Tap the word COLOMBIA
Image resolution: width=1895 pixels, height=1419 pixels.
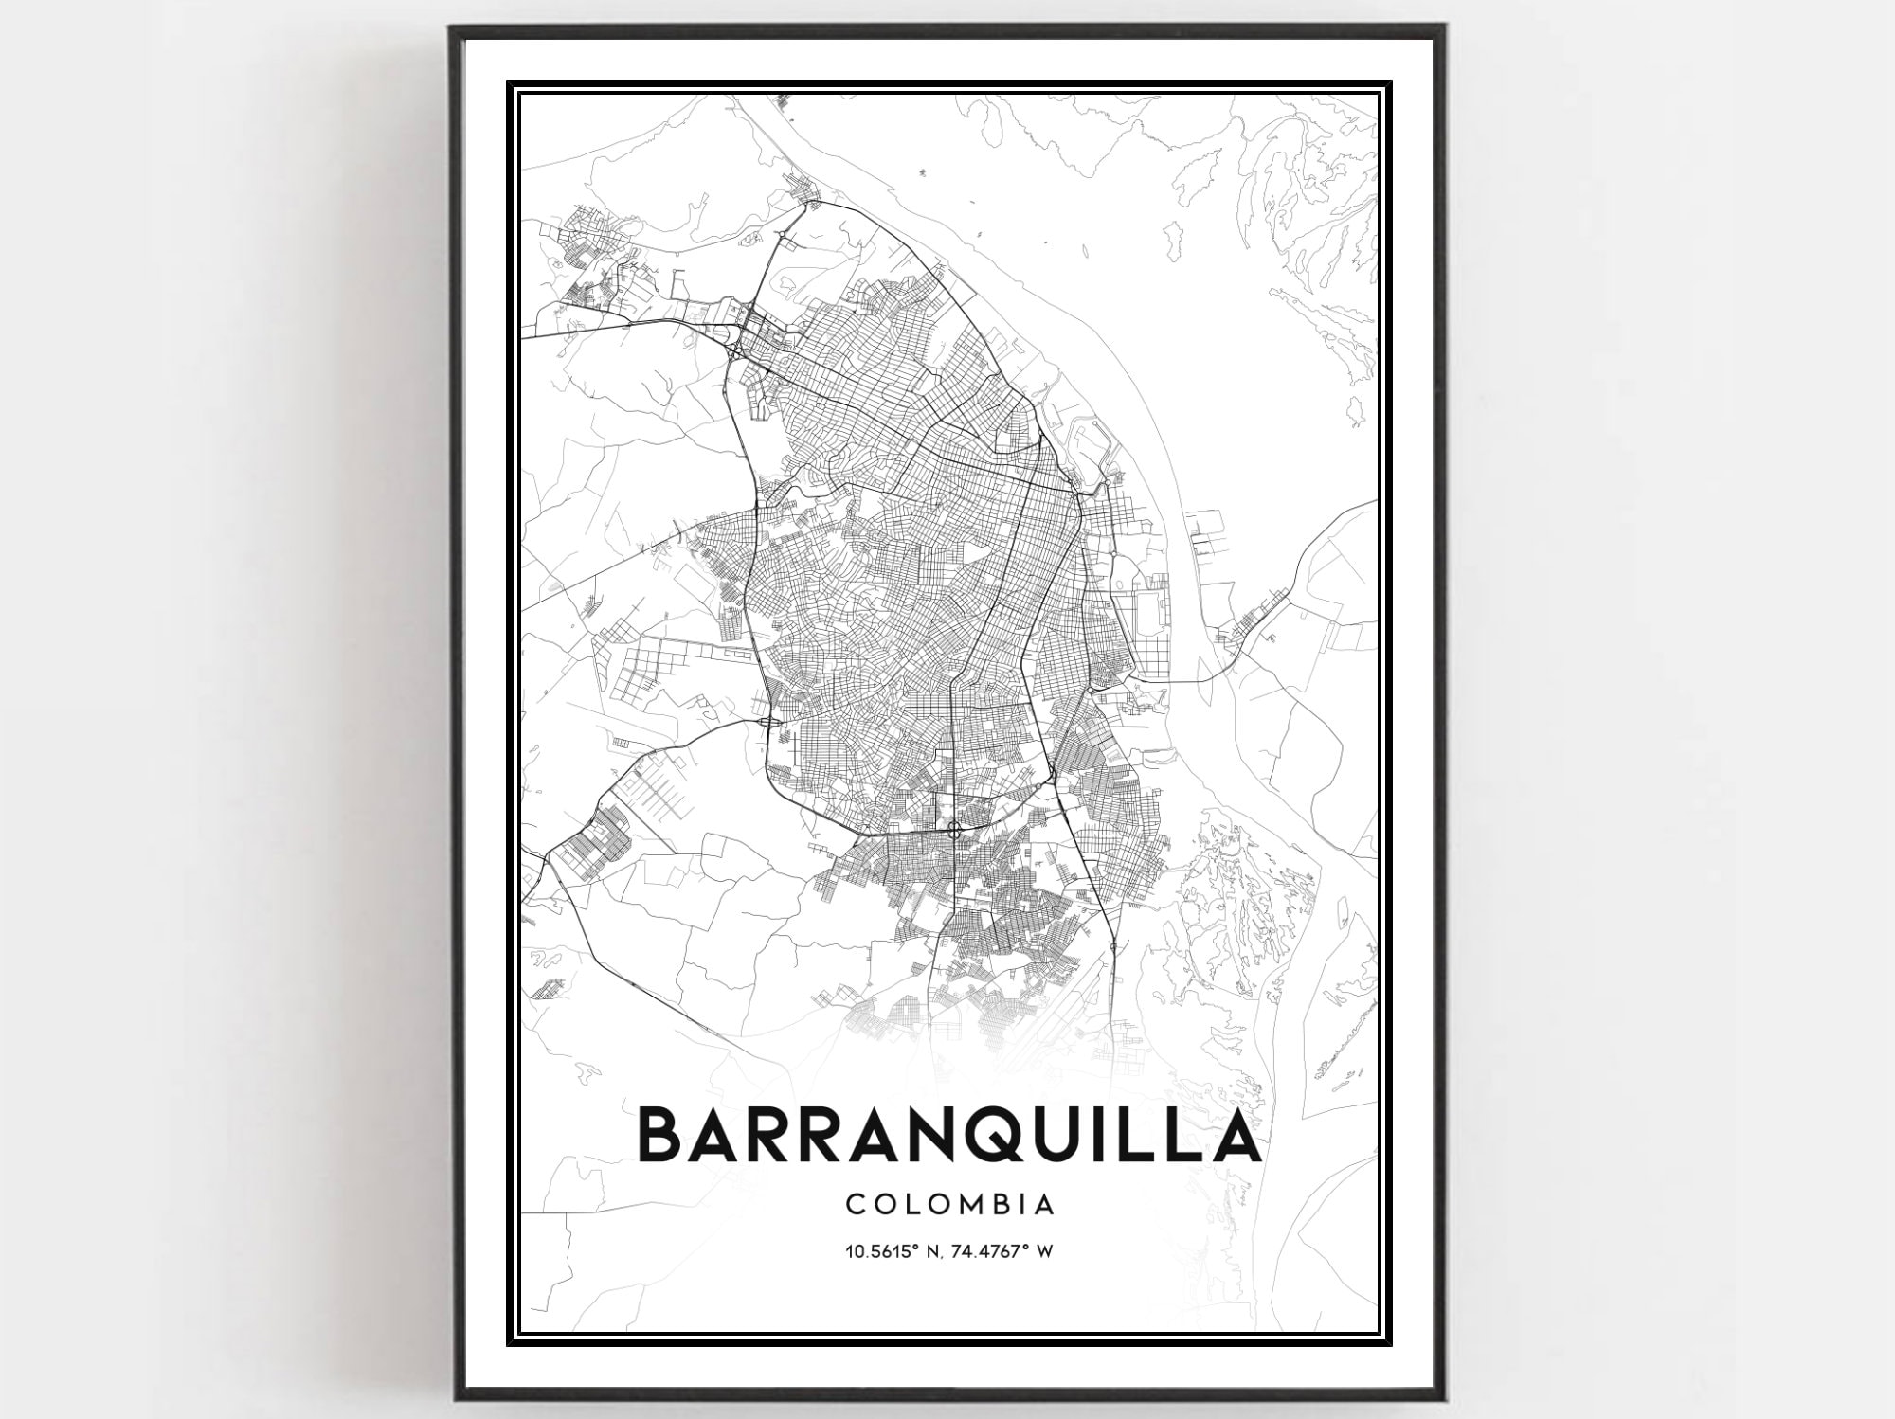[x=949, y=1205]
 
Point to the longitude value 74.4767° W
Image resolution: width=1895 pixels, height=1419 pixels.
[x=1008, y=1252]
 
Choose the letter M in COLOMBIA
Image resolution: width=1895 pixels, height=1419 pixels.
[x=966, y=1205]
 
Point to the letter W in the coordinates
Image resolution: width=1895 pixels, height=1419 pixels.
[x=1046, y=1252]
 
